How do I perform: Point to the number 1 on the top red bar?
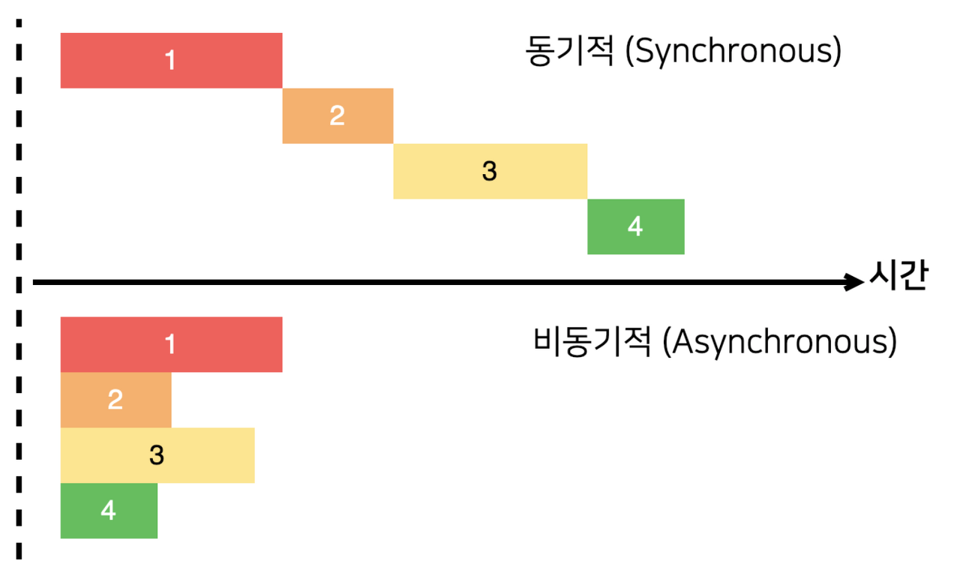pos(170,61)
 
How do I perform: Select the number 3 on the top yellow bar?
pos(489,172)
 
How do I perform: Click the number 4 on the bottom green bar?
pos(109,511)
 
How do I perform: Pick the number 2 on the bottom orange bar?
pos(115,400)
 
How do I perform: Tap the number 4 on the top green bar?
pos(635,226)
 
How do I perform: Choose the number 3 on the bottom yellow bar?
pos(156,455)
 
